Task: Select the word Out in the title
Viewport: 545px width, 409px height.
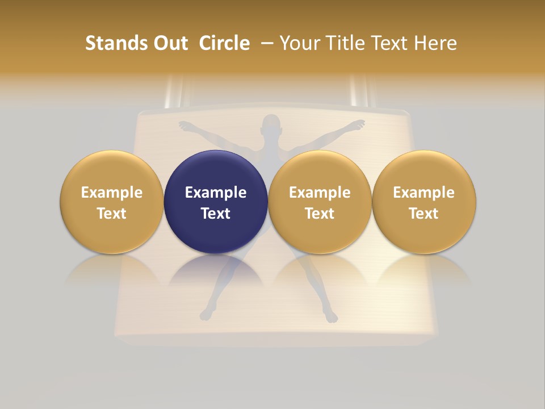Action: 169,43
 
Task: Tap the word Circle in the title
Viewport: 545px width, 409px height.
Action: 224,43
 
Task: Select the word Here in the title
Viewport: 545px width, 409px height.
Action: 435,43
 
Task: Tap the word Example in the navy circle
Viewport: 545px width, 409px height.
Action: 216,193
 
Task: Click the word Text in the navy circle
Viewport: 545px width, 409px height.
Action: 216,214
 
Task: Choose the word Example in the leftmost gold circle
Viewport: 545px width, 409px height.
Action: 112,193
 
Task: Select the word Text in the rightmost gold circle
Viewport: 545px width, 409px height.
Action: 424,214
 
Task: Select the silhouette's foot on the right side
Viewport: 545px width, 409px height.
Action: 331,315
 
